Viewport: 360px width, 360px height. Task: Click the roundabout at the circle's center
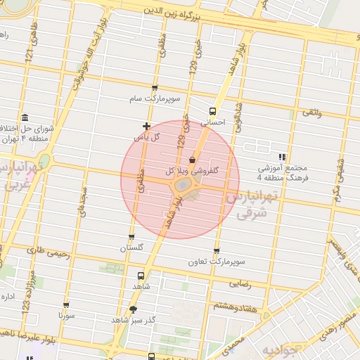click(181, 185)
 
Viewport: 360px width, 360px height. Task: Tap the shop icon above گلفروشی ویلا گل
click(192, 160)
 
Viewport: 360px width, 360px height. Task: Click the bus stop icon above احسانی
click(212, 110)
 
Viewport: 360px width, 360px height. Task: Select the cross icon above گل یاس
click(146, 126)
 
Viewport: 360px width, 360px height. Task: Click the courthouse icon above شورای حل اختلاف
click(25, 117)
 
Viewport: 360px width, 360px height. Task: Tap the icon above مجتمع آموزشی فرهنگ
click(282, 157)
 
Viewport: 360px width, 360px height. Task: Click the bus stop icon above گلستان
click(131, 236)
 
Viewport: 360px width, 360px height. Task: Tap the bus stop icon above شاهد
click(141, 276)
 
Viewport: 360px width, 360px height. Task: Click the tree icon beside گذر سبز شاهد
click(133, 309)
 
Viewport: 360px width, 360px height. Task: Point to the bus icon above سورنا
click(66, 305)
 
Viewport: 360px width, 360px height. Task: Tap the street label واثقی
click(311, 112)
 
